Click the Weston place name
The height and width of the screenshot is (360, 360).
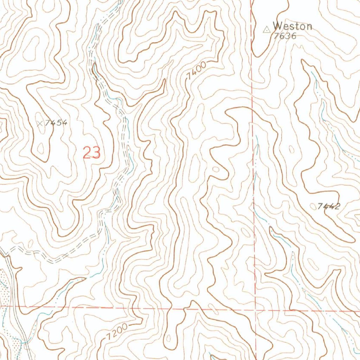pyautogui.click(x=292, y=26)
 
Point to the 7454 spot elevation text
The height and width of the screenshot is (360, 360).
pyautogui.click(x=56, y=123)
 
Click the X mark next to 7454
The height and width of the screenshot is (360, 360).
pyautogui.click(x=40, y=123)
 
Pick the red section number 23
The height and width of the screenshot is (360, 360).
pyautogui.click(x=92, y=153)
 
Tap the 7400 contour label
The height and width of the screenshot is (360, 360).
pyautogui.click(x=196, y=70)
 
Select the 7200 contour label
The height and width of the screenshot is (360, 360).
pyautogui.click(x=117, y=332)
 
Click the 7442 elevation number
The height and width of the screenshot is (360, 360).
pyautogui.click(x=329, y=206)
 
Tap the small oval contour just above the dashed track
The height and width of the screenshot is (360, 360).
pyautogui.click(x=30, y=243)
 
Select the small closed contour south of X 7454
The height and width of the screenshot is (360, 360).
pyautogui.click(x=41, y=149)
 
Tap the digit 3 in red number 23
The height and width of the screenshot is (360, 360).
pyautogui.click(x=96, y=153)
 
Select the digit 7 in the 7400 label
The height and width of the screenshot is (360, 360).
pyautogui.click(x=189, y=76)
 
